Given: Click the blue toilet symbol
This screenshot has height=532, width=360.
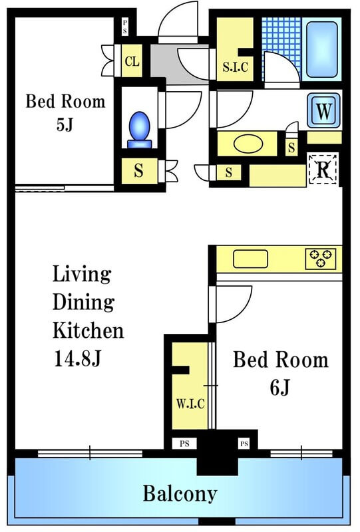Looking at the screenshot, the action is (x=139, y=130).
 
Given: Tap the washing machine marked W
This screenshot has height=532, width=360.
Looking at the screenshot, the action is (x=323, y=110).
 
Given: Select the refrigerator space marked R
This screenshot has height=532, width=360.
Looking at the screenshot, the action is (x=323, y=170).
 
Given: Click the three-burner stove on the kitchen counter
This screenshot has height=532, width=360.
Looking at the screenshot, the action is (x=320, y=259).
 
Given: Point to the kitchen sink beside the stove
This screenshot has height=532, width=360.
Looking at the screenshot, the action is (x=250, y=259).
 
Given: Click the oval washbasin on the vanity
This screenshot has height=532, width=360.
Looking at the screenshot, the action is (x=248, y=144).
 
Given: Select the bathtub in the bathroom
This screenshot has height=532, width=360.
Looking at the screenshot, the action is (x=321, y=49).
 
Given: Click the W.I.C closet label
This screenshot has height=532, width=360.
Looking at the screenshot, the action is (x=190, y=404).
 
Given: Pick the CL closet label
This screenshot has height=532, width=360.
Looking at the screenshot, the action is (x=132, y=61).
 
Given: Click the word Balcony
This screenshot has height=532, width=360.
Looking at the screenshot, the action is (x=180, y=493).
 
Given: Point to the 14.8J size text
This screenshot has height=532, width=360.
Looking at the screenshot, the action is (x=77, y=358).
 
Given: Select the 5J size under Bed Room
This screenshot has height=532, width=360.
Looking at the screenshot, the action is (x=65, y=124).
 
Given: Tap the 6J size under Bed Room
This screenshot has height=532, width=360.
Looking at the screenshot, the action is (x=279, y=387).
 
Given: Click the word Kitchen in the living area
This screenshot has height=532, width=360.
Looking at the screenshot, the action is (x=89, y=330).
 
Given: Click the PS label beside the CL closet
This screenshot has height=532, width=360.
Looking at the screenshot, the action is (x=125, y=27).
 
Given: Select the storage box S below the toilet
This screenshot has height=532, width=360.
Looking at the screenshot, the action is (x=139, y=171).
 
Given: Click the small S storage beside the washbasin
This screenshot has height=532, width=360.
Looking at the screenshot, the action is (x=291, y=148).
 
